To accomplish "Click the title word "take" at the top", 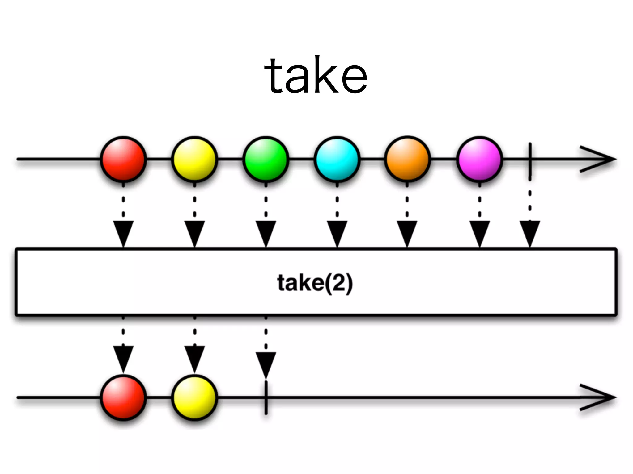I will point(316,75).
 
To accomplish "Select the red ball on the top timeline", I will point(123,159).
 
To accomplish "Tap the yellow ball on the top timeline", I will point(194,159).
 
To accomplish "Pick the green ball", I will point(266,159).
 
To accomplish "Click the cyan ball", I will point(337,159).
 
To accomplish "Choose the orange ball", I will point(407,159).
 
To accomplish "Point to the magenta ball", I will point(479,159).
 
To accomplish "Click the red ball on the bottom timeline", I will point(123,397).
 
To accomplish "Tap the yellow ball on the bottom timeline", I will point(194,397).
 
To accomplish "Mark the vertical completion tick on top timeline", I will point(530,160).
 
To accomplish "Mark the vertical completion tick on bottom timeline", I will point(266,397).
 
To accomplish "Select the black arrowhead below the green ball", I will point(266,232).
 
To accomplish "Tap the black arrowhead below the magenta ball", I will point(479,232).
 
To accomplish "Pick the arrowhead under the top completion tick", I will point(530,232).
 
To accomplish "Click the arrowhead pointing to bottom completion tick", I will point(266,364).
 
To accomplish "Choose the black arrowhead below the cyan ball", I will point(337,232).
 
